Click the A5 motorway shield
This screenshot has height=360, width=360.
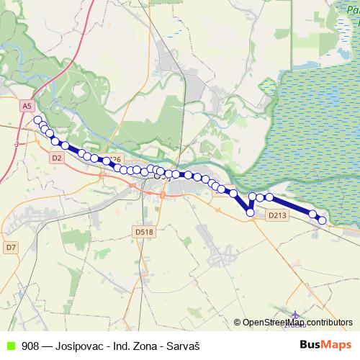point(27,106)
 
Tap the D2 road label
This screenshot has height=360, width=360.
point(57,156)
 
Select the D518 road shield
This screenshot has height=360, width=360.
point(144,231)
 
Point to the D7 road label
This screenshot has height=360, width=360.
point(11,247)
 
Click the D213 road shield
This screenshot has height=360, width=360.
point(276,215)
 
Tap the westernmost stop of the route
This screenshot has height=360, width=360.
point(37,120)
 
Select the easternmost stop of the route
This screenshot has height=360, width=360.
point(322,220)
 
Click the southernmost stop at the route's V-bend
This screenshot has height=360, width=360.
point(250,212)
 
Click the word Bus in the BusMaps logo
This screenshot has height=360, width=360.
point(310,345)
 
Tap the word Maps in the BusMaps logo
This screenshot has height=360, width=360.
point(337,345)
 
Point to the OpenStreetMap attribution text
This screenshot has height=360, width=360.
point(273,323)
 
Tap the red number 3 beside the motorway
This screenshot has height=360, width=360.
point(16,144)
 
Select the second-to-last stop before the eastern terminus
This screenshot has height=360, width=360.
point(313,213)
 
